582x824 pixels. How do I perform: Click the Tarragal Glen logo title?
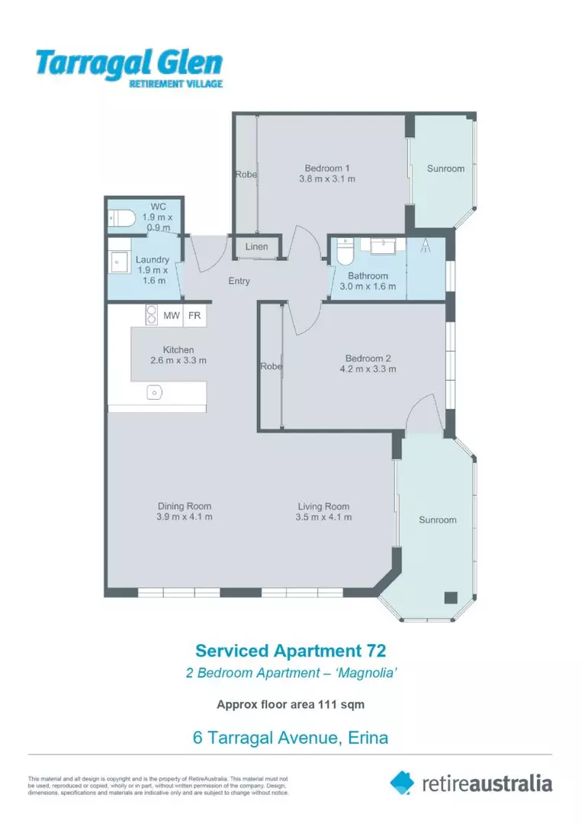pyautogui.click(x=129, y=63)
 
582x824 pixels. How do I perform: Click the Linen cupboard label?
pyautogui.click(x=256, y=246)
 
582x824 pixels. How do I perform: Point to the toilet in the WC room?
pyautogui.click(x=121, y=219)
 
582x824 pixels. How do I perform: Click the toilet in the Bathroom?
pyautogui.click(x=345, y=250)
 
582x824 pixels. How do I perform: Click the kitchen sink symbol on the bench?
pyautogui.click(x=154, y=392)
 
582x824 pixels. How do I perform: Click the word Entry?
pyautogui.click(x=239, y=282)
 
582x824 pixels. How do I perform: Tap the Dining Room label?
pyautogui.click(x=185, y=506)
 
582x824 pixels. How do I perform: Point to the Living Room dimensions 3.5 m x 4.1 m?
pyautogui.click(x=323, y=517)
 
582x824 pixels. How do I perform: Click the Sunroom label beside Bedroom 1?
pyautogui.click(x=445, y=169)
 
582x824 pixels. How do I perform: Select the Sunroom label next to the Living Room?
pyautogui.click(x=437, y=520)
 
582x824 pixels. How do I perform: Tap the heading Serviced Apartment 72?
pyautogui.click(x=291, y=651)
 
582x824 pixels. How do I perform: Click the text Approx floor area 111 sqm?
pyautogui.click(x=291, y=705)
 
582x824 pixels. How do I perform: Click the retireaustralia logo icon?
pyautogui.click(x=403, y=782)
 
